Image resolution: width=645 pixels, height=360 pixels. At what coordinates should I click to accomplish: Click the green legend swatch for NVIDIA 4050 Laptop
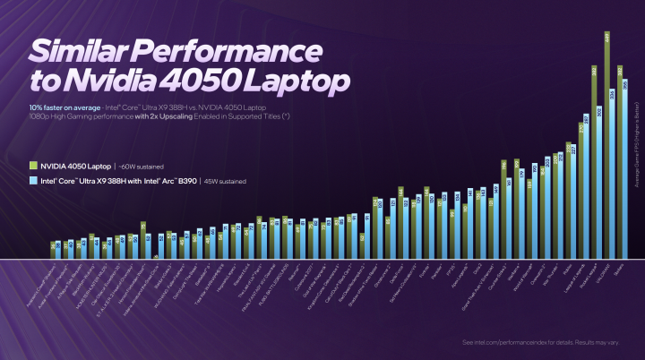[x=32, y=165]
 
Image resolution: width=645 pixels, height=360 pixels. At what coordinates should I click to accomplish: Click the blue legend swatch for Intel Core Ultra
[x=32, y=180]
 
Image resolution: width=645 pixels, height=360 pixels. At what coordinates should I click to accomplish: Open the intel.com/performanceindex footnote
[x=546, y=342]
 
